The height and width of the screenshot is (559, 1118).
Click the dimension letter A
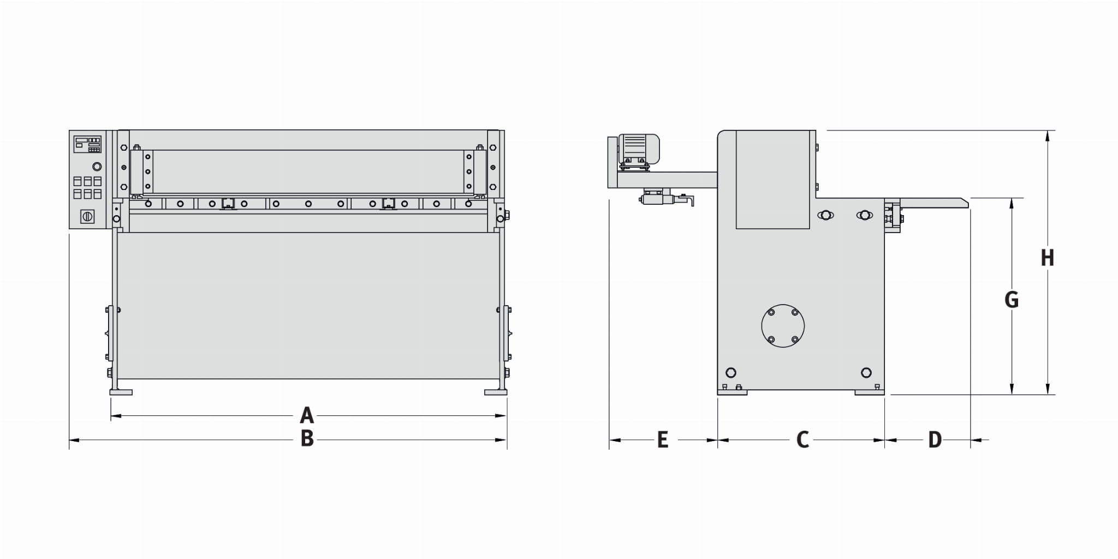click(307, 416)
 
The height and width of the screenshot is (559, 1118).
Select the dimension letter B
click(307, 439)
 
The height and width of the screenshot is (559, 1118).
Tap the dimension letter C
click(802, 439)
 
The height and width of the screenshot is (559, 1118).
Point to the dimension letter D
click(935, 439)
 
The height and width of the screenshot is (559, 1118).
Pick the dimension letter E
click(663, 439)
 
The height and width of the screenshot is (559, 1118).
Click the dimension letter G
click(1012, 300)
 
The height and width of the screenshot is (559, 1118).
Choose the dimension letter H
click(1047, 258)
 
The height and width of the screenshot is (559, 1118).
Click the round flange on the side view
click(783, 326)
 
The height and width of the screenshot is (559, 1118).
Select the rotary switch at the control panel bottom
click(87, 217)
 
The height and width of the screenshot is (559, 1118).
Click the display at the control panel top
click(87, 144)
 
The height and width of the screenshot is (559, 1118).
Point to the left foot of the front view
click(121, 392)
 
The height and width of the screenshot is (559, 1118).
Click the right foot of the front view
click(496, 392)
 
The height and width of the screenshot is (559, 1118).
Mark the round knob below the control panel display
click(97, 166)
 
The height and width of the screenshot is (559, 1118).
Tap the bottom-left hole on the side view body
click(731, 373)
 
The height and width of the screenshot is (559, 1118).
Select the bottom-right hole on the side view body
click(866, 373)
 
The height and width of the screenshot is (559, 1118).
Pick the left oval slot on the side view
click(825, 215)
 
